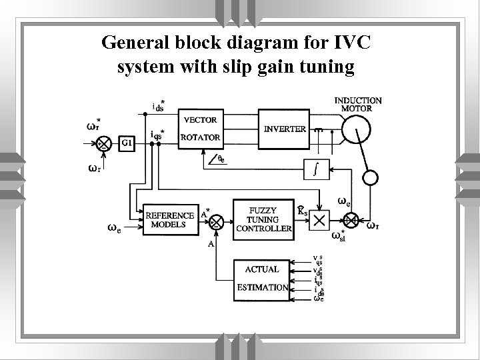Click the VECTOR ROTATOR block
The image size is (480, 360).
point(201,129)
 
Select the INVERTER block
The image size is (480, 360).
point(285,129)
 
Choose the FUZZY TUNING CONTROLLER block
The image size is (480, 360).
point(263,219)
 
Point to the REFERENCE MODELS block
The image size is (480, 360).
point(171,220)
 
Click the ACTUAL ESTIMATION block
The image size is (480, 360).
point(262,279)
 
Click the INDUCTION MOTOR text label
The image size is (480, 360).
point(358,103)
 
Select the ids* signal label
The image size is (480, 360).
point(159,105)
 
